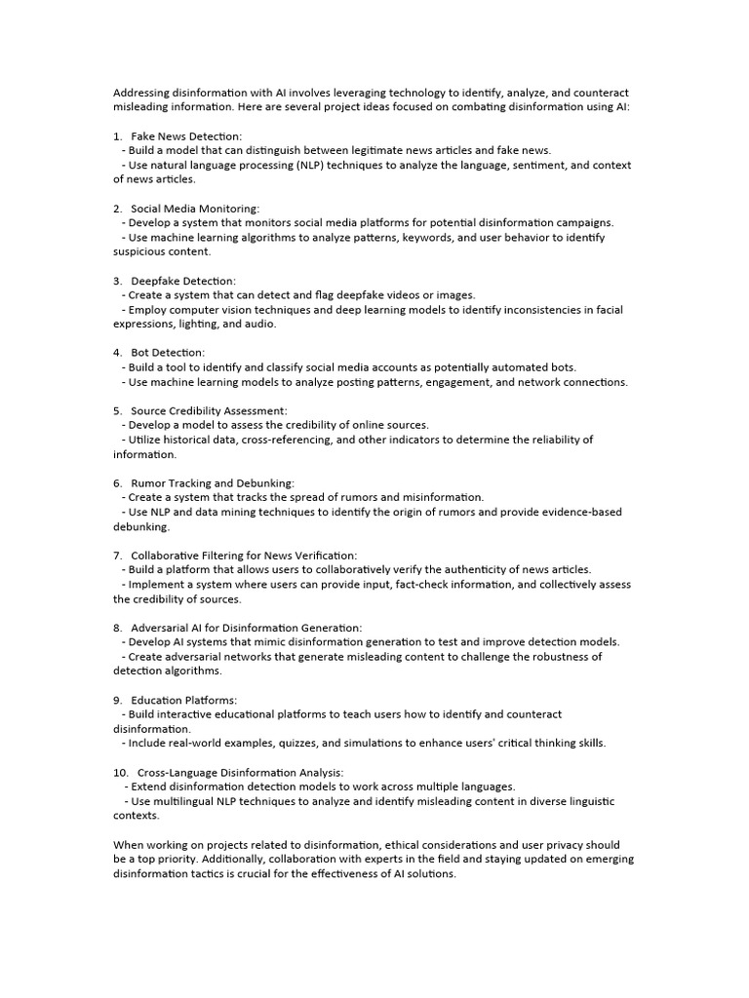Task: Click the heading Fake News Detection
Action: [x=186, y=136]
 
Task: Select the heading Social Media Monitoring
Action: [x=195, y=209]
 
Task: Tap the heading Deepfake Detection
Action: [x=183, y=281]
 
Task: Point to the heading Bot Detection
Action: [x=168, y=353]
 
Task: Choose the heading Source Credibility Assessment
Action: [x=209, y=411]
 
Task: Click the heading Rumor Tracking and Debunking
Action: [x=212, y=483]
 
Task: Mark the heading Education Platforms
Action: [x=183, y=700]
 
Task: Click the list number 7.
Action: [x=117, y=556]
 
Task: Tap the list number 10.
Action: [x=121, y=772]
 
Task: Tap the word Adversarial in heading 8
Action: [x=163, y=628]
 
